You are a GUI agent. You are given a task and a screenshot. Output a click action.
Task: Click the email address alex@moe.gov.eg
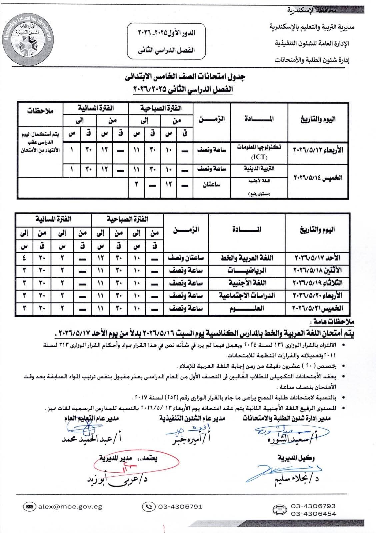pyautogui.click(x=70, y=507)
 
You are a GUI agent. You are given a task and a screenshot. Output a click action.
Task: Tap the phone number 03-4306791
pyautogui.click(x=180, y=507)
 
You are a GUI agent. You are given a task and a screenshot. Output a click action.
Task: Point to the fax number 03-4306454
pyautogui.click(x=313, y=514)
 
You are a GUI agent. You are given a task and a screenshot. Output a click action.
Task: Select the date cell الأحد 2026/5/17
pyautogui.click(x=317, y=258)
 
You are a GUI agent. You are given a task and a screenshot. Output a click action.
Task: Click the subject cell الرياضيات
pyautogui.click(x=247, y=270)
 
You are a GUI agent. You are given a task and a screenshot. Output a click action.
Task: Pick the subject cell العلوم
pyautogui.click(x=247, y=308)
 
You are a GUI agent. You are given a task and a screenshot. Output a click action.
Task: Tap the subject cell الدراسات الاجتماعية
pyautogui.click(x=247, y=295)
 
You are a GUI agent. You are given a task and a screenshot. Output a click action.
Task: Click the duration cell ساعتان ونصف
pyautogui.click(x=187, y=258)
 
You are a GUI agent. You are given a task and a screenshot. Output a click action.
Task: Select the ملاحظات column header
pyautogui.click(x=40, y=110)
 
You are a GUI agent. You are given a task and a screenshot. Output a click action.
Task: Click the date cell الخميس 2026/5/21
pyautogui.click(x=317, y=308)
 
